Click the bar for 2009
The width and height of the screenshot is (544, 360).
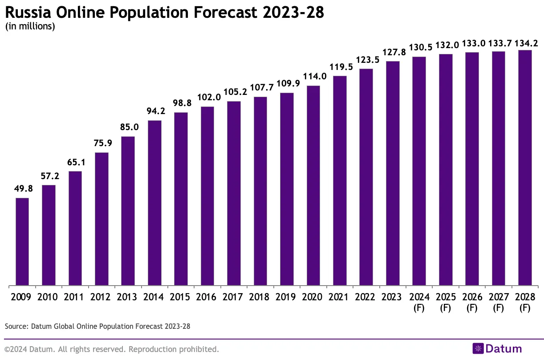click(22, 241)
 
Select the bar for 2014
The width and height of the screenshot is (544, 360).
click(154, 203)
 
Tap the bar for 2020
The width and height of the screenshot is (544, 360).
click(313, 185)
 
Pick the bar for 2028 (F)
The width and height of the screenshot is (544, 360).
click(525, 168)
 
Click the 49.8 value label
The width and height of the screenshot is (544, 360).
click(22, 189)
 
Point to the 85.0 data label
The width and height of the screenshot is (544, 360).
click(128, 127)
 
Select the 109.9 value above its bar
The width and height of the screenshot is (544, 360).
click(287, 84)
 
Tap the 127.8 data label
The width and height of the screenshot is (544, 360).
click(393, 52)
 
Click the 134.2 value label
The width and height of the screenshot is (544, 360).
click(526, 43)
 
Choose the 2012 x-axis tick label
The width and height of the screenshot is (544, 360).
click(101, 297)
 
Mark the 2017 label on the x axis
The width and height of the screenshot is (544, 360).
click(234, 297)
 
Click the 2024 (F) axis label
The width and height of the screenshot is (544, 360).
click(419, 302)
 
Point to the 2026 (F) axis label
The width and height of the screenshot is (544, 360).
click(472, 302)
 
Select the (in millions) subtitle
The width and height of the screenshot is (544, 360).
click(30, 26)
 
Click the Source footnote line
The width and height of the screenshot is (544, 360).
click(97, 327)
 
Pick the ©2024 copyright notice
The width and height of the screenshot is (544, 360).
click(112, 349)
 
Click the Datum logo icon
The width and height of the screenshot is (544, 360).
click(478, 349)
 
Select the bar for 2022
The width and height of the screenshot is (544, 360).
click(366, 177)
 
